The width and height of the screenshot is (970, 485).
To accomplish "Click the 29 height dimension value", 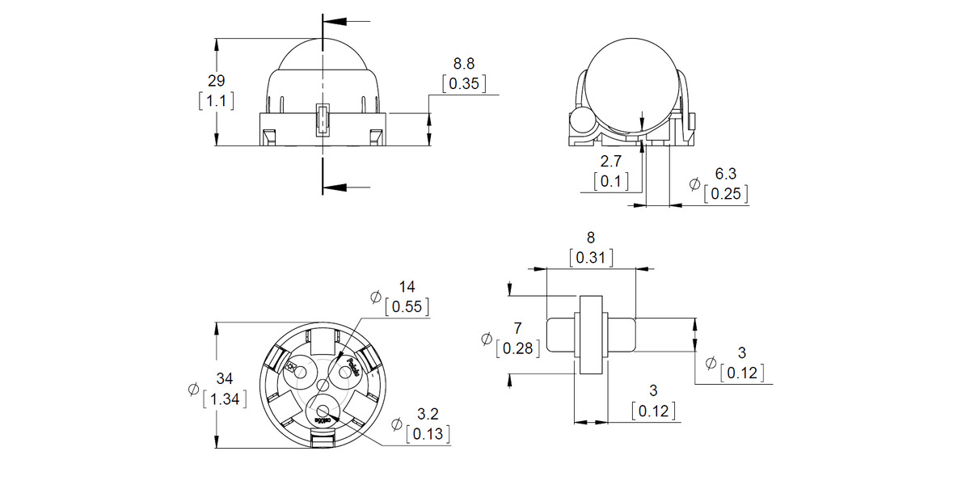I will (x=216, y=81).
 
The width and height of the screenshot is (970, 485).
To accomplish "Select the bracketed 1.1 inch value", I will (x=216, y=101).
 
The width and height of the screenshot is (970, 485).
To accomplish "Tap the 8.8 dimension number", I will (x=465, y=63).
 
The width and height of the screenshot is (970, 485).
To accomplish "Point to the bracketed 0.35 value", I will (x=465, y=82).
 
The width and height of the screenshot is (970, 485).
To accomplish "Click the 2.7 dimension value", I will (x=611, y=162).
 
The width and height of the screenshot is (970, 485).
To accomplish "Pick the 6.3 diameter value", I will (x=726, y=174).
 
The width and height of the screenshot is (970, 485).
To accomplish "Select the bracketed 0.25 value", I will (x=726, y=193).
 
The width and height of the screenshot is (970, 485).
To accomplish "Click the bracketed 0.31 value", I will (x=591, y=258).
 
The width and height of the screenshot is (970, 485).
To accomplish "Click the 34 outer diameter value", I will (x=226, y=379).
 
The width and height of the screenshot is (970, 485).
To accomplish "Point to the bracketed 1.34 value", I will (x=226, y=399).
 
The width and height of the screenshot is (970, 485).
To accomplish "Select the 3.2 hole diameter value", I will (x=428, y=415).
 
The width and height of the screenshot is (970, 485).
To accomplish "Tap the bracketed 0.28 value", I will (x=517, y=348).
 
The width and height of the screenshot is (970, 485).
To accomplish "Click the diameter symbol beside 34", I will (x=193, y=389).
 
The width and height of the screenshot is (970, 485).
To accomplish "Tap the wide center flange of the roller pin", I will (x=590, y=335).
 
